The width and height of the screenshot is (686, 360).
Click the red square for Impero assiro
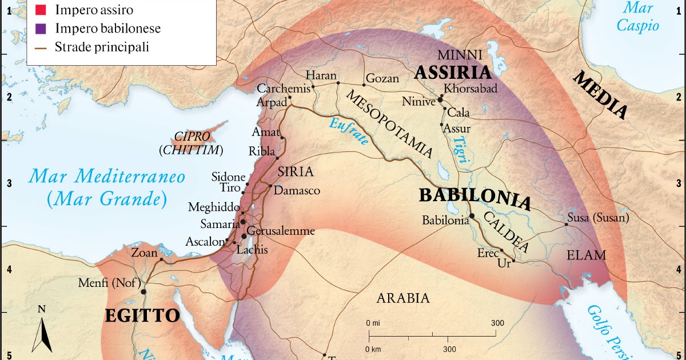[40, 9]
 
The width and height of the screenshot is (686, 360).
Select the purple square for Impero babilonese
[40, 28]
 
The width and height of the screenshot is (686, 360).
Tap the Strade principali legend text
[102, 47]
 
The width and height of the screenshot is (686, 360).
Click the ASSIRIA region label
[453, 73]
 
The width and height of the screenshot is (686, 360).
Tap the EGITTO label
[142, 315]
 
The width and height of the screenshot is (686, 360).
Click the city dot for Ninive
[440, 99]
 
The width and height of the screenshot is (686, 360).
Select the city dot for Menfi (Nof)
[143, 291]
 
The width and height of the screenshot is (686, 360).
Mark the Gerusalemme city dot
[244, 236]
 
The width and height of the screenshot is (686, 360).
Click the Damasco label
[297, 190]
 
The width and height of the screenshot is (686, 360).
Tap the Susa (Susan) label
[598, 218]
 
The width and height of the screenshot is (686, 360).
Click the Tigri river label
[461, 153]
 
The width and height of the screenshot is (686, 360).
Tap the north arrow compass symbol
[42, 331]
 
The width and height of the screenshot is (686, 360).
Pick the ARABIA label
[402, 298]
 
